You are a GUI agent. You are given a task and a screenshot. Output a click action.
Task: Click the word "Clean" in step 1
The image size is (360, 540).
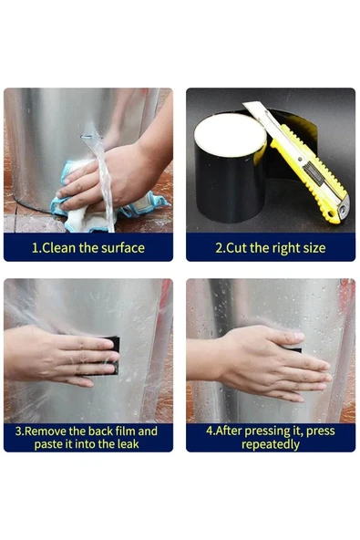tap(59, 247)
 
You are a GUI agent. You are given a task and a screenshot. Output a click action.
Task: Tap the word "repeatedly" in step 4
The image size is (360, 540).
tap(271, 444)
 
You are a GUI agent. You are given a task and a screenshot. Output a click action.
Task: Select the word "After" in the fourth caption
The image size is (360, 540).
tap(229, 431)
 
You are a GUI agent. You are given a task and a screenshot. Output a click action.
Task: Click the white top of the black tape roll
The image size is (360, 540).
tap(230, 134)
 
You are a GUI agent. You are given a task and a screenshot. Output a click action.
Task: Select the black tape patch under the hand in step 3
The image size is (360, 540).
tap(110, 356)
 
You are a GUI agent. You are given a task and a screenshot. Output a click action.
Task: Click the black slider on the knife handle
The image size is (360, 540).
tap(314, 173)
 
